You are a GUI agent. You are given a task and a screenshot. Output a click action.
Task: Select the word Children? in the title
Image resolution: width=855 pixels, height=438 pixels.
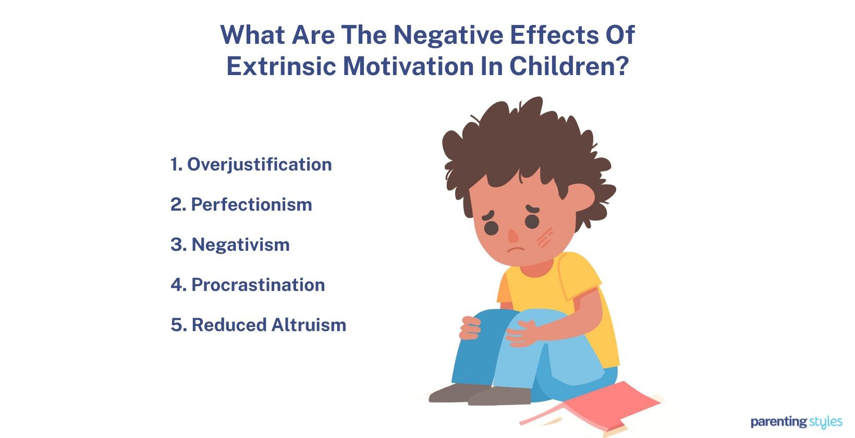pos(569,66)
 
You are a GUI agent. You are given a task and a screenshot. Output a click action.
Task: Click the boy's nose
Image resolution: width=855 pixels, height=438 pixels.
pos(513,236)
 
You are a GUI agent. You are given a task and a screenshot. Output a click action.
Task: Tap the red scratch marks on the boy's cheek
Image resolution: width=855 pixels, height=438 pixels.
pos(544,238)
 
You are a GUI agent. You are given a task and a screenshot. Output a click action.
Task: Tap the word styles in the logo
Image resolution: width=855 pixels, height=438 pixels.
pos(826,421)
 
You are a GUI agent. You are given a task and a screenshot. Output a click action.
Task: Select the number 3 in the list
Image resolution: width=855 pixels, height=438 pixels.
pos(176,245)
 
